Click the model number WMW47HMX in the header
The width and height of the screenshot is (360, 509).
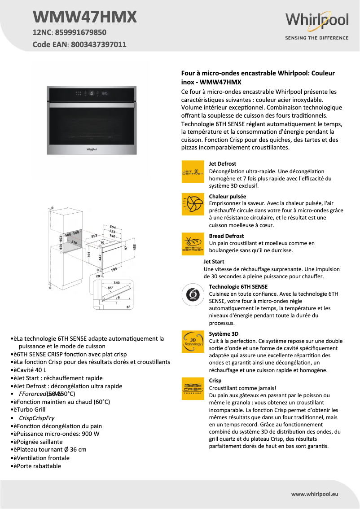coord(85,17)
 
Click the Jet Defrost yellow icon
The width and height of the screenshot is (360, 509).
coord(193,171)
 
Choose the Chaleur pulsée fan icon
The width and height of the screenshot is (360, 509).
coord(193,204)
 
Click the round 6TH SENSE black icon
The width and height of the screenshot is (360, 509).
coord(193,295)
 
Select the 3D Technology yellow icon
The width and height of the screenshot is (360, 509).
coord(193,342)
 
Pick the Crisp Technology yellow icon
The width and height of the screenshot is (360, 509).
coord(193,388)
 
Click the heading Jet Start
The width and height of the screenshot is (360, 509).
coord(214,262)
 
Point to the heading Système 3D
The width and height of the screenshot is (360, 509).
coord(224,334)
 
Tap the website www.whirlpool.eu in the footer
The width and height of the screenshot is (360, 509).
coord(315,494)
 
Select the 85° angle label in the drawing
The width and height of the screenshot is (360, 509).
coord(110,288)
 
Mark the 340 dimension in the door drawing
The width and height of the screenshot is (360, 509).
coord(116,283)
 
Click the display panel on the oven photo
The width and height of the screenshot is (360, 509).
coord(92,94)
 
